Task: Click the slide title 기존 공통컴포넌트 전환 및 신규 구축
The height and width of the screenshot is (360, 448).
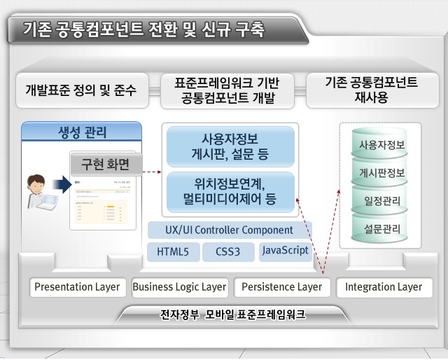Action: point(143,29)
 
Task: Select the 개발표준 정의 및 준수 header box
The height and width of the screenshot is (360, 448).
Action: point(81,90)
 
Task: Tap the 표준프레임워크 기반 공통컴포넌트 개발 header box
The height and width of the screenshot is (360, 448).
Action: point(226,90)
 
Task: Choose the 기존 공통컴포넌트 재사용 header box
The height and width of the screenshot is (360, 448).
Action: point(371,90)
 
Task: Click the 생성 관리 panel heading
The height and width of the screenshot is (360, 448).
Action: point(82,130)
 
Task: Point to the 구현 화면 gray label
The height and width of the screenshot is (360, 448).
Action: point(106,165)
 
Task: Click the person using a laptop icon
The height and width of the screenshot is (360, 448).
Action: point(36,191)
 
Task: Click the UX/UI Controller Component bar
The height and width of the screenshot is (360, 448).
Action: point(230,229)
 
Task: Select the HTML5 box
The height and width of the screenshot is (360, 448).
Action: point(172,251)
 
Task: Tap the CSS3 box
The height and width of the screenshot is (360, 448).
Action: point(229,251)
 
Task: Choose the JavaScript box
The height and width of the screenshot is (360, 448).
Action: point(285,251)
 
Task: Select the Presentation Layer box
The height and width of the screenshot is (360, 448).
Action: point(77,287)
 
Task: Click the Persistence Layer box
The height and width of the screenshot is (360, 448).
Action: point(281,287)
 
